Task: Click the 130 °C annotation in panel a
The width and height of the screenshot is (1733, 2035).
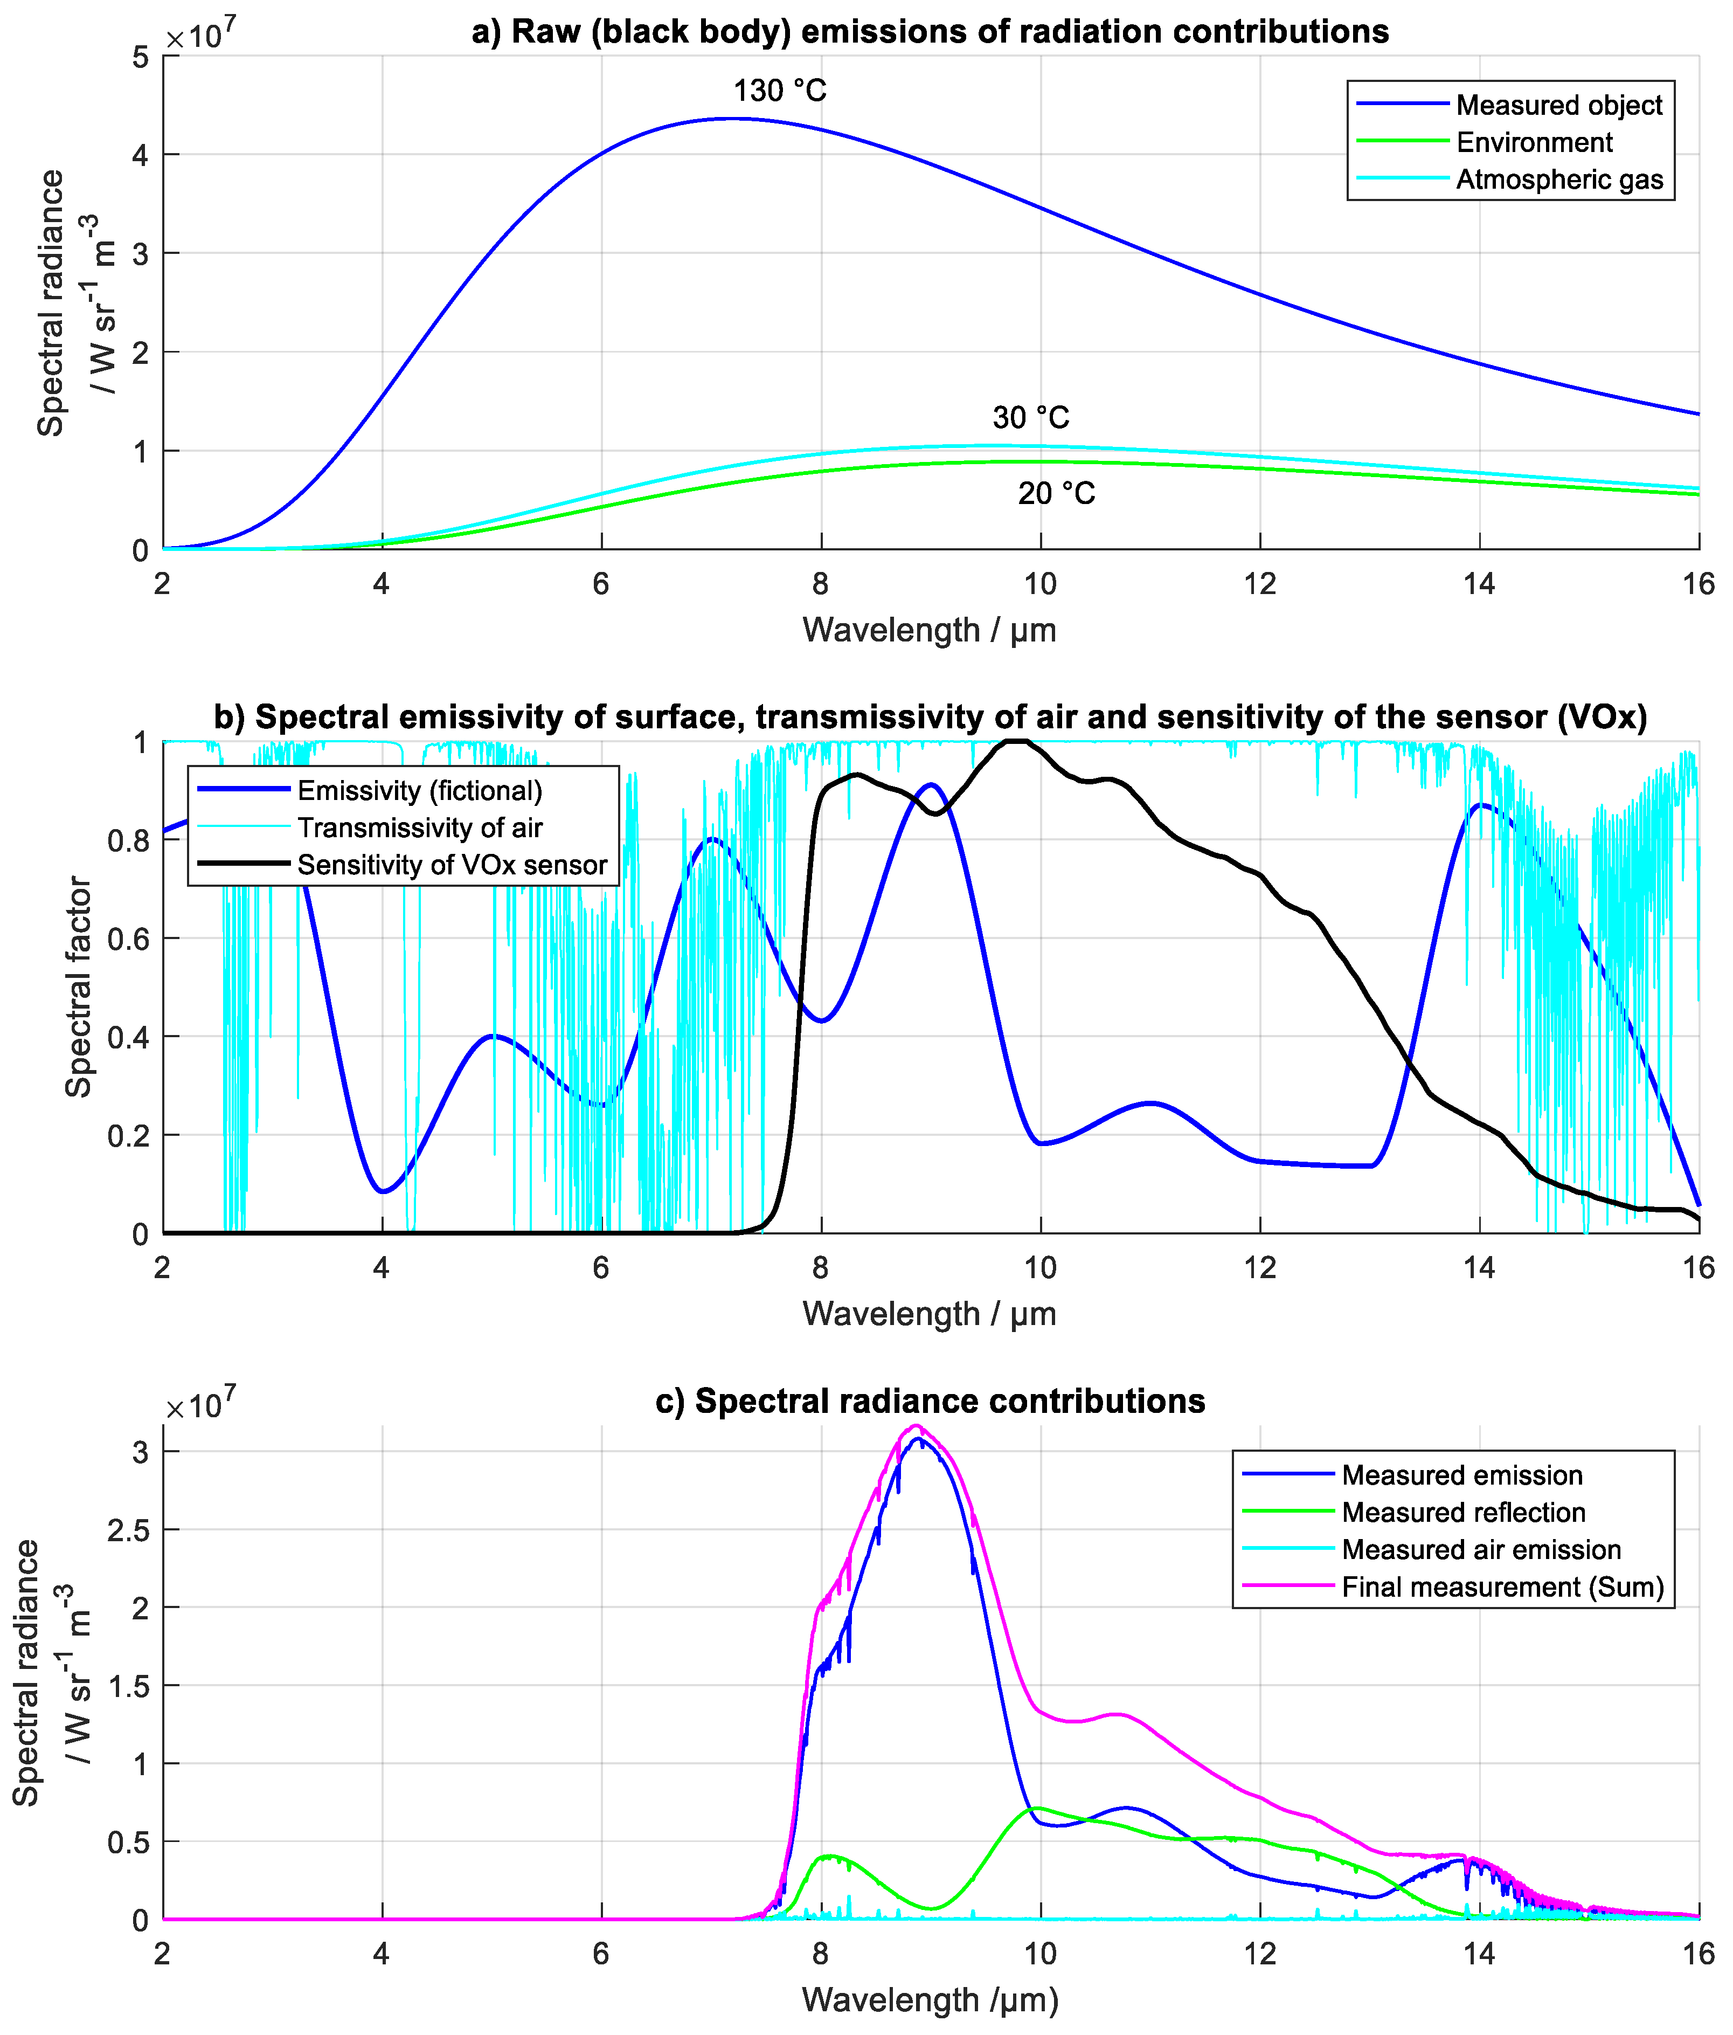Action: click(780, 91)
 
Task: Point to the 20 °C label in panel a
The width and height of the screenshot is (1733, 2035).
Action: click(1056, 493)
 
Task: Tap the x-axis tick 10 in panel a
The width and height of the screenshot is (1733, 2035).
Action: click(1040, 584)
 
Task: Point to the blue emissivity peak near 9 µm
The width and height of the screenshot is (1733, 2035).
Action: click(930, 785)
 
